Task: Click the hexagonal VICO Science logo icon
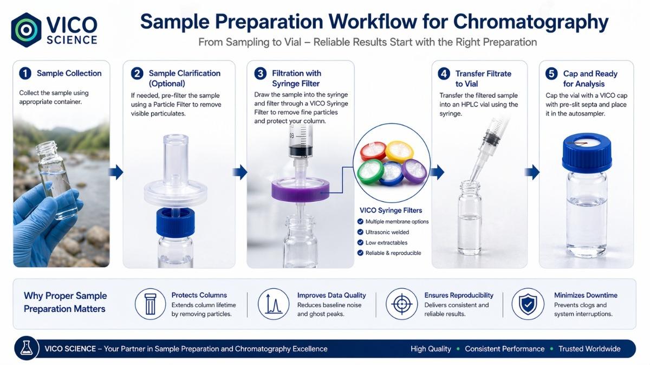26,30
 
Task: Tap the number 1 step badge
25,74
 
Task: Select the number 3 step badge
261,74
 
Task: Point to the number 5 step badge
551,74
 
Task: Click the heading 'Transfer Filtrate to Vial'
483,79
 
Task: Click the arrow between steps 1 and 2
116,172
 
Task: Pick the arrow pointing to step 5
532,172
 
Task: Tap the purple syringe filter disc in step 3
300,190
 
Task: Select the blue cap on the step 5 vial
587,152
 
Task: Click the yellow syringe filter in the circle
400,151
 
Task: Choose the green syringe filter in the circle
371,172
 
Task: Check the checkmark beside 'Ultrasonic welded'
360,232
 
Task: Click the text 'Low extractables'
386,243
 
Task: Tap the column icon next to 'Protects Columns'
150,304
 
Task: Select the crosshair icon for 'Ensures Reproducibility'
401,304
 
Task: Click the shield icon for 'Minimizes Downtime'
528,304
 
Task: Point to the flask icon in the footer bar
27,348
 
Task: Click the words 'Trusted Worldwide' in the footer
589,349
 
